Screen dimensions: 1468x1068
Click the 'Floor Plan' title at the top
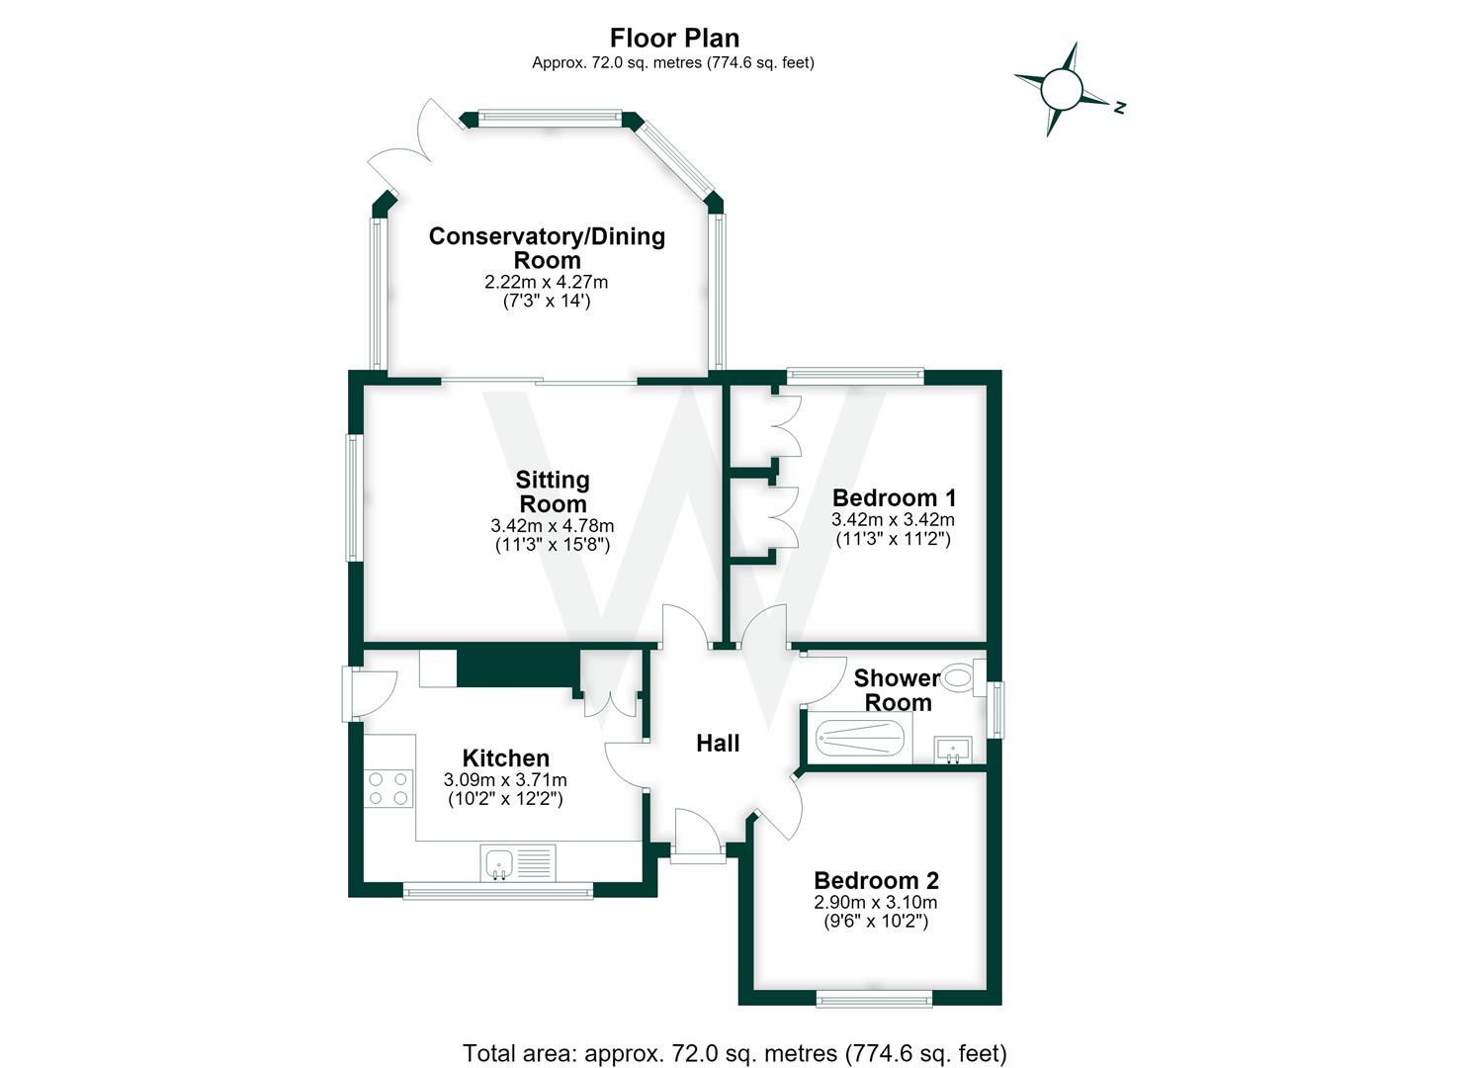point(674,38)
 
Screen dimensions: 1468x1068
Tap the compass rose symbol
point(1062,90)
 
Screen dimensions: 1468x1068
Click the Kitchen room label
point(505,757)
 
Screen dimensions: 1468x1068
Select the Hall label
point(718,743)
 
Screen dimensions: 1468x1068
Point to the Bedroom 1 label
point(894,497)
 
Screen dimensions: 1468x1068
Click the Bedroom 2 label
point(876,880)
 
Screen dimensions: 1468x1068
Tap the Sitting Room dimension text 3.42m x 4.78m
point(552,525)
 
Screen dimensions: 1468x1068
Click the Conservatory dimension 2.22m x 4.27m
point(546,282)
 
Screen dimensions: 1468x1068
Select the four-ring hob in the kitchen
point(389,789)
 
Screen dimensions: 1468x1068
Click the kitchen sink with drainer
point(518,863)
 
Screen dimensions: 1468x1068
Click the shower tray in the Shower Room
point(859,739)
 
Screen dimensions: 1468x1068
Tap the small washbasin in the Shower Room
point(953,750)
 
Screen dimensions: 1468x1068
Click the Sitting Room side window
point(354,497)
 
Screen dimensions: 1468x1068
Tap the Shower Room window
point(995,710)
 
